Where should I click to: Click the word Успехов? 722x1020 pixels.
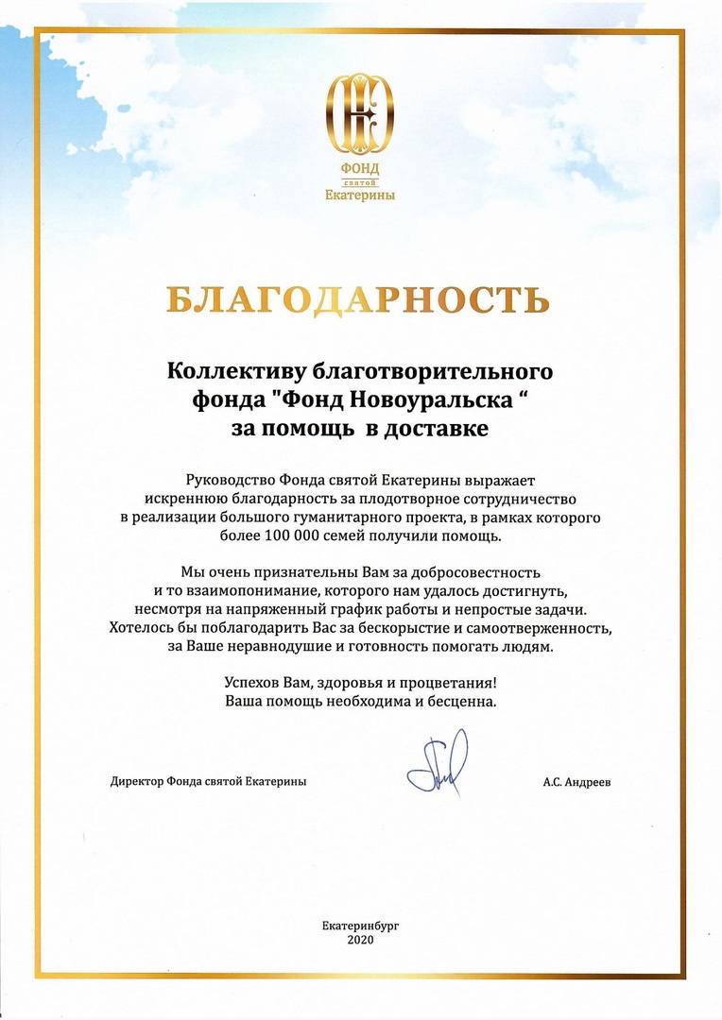[253, 683]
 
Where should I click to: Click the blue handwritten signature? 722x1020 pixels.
[437, 763]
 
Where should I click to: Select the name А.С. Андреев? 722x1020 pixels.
[576, 782]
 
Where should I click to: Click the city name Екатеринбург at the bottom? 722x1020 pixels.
[360, 926]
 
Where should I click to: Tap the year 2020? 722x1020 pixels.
[360, 941]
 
